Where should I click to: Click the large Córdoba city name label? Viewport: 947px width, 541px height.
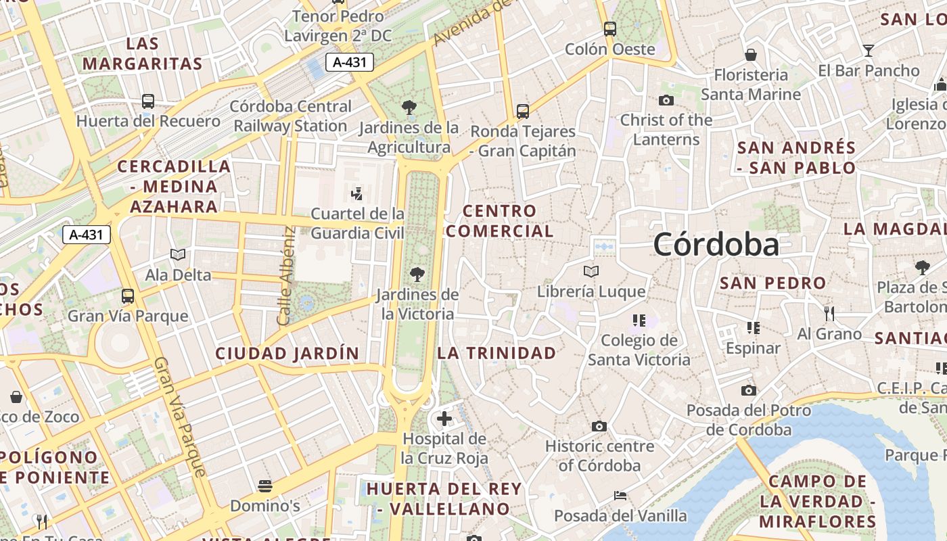[x=716, y=244]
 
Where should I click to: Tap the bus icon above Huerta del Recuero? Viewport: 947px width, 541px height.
[x=148, y=101]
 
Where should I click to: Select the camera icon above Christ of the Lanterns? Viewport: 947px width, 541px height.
[x=666, y=100]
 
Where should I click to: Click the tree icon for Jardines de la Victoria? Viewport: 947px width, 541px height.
[x=417, y=274]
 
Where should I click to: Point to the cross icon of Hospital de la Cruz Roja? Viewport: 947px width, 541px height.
[x=444, y=419]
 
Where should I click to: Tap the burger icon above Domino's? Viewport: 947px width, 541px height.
[x=264, y=486]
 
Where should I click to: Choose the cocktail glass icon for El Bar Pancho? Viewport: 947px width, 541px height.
[x=869, y=50]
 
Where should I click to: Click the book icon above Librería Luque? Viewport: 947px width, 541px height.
[x=591, y=272]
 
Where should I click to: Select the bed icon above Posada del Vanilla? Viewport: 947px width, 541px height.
[x=620, y=496]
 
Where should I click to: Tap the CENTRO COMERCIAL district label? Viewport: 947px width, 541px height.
[x=499, y=221]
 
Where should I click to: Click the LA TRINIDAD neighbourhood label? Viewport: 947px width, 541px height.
[x=496, y=352]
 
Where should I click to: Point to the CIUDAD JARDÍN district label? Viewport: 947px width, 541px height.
[x=287, y=353]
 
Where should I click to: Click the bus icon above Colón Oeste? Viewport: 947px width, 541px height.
[x=610, y=28]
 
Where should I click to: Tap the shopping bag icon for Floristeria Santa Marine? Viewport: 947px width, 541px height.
[x=751, y=55]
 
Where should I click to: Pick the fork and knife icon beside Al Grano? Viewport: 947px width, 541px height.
[x=829, y=313]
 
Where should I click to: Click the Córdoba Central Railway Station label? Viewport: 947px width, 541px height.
[x=291, y=116]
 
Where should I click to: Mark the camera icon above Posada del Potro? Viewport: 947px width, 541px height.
[x=748, y=390]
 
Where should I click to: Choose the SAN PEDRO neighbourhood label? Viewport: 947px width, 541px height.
[x=772, y=283]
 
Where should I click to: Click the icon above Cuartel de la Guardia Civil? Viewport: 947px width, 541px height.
[x=357, y=194]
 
